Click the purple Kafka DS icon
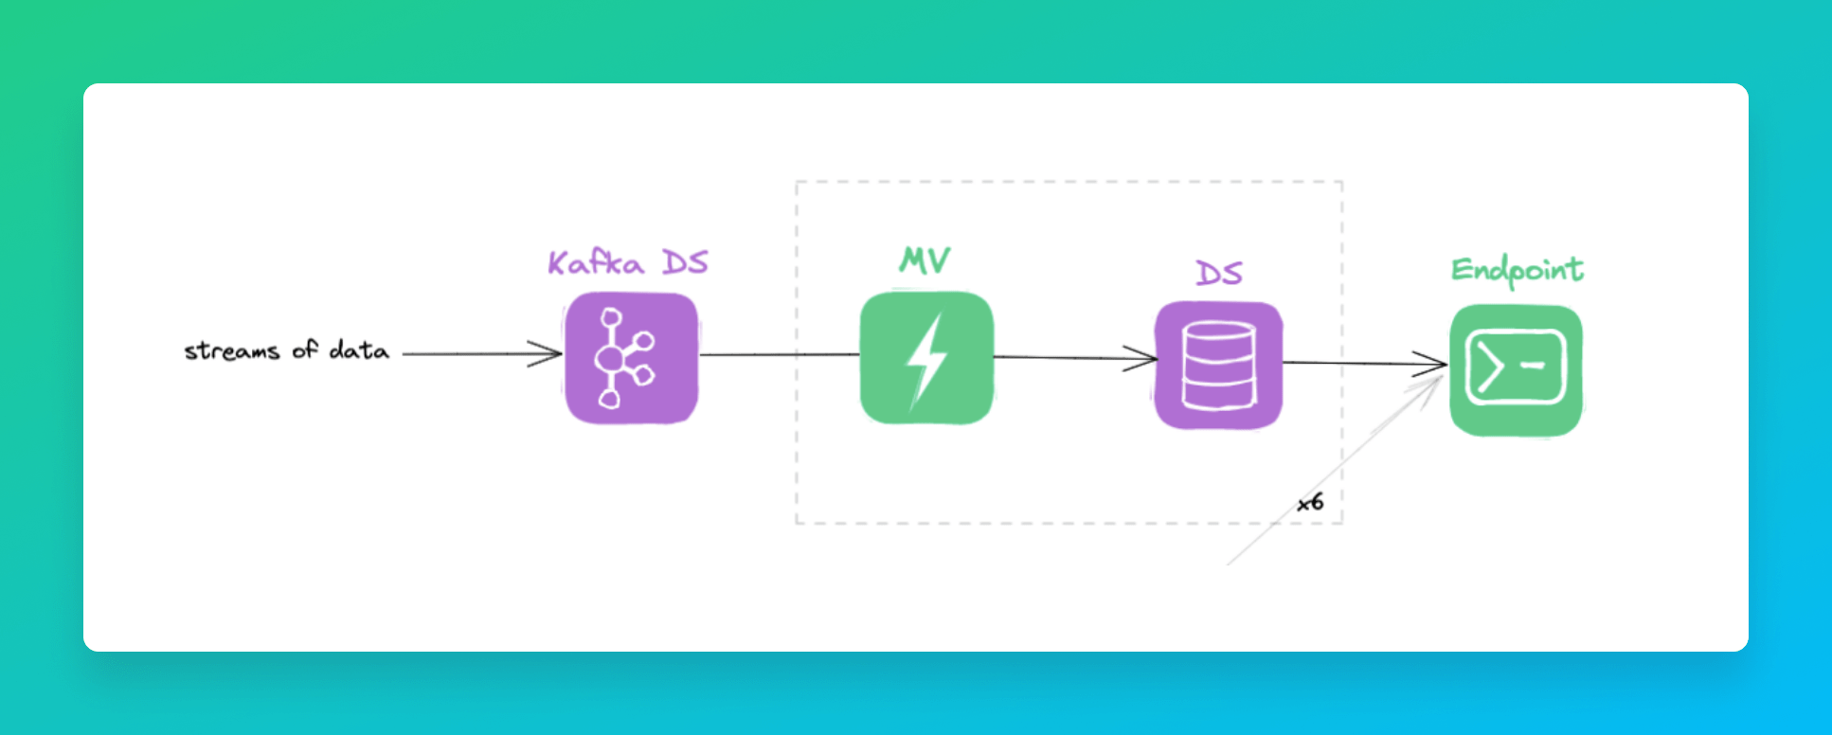[631, 358]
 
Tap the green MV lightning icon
[925, 358]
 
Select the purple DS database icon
[1218, 365]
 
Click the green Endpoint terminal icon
[1516, 369]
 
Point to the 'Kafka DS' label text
[628, 262]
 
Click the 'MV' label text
[925, 260]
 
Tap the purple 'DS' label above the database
[1218, 274]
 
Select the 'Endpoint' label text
[1517, 271]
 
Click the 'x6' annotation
[1310, 502]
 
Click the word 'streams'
[232, 351]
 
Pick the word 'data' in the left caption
[359, 350]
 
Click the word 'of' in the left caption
[305, 350]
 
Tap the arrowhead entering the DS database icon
[1144, 358]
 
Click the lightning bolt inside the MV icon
[925, 360]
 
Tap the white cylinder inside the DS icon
[1218, 366]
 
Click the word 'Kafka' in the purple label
[596, 262]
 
